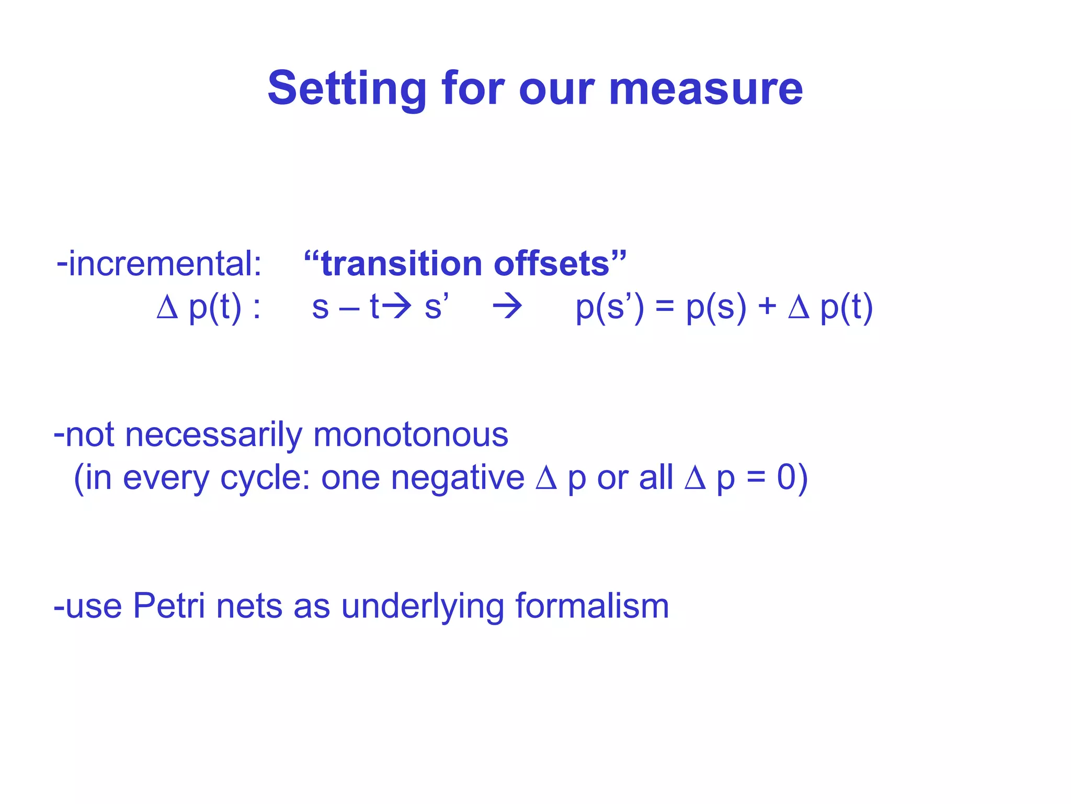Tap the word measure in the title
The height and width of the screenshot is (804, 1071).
pos(706,89)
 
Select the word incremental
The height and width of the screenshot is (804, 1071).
pos(165,263)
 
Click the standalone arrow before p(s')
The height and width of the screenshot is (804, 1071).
pos(507,307)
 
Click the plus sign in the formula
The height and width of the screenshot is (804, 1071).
pos(767,307)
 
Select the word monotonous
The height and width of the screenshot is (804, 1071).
pos(411,434)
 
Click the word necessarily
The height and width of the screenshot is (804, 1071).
pos(213,434)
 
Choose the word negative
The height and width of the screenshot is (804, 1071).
pos(458,477)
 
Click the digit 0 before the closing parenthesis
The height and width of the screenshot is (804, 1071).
pos(786,477)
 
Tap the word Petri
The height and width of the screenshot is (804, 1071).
pos(169,606)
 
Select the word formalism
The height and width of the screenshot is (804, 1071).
pos(592,606)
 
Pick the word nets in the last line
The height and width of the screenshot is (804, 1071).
pos(249,606)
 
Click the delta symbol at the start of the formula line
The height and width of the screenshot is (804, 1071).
pos(167,307)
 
